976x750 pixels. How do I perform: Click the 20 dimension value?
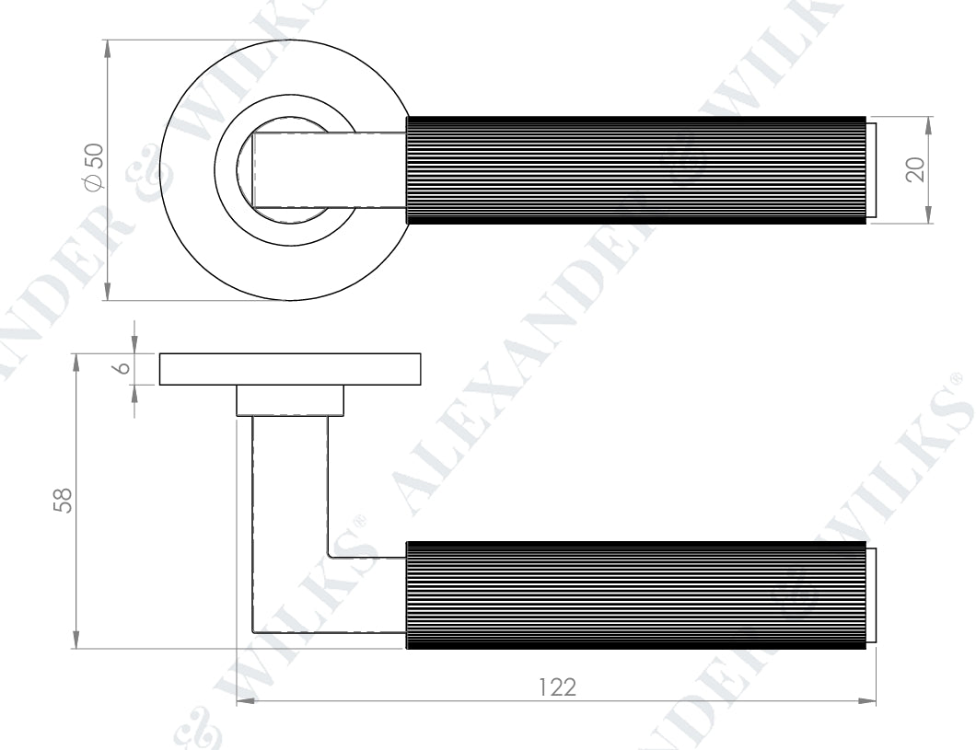coord(913,169)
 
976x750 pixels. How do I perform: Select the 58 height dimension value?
coord(62,500)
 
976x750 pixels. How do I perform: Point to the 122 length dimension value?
coord(556,687)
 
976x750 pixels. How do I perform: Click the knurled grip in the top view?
coord(635,169)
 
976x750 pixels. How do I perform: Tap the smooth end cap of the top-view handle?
coord(870,169)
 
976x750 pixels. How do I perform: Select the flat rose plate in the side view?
coord(290,368)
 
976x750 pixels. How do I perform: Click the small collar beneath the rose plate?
coord(290,400)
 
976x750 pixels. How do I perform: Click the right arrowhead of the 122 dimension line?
coord(867,701)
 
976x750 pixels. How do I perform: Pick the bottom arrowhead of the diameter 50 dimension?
coord(109,292)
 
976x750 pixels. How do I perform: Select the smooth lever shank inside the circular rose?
coord(331,169)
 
